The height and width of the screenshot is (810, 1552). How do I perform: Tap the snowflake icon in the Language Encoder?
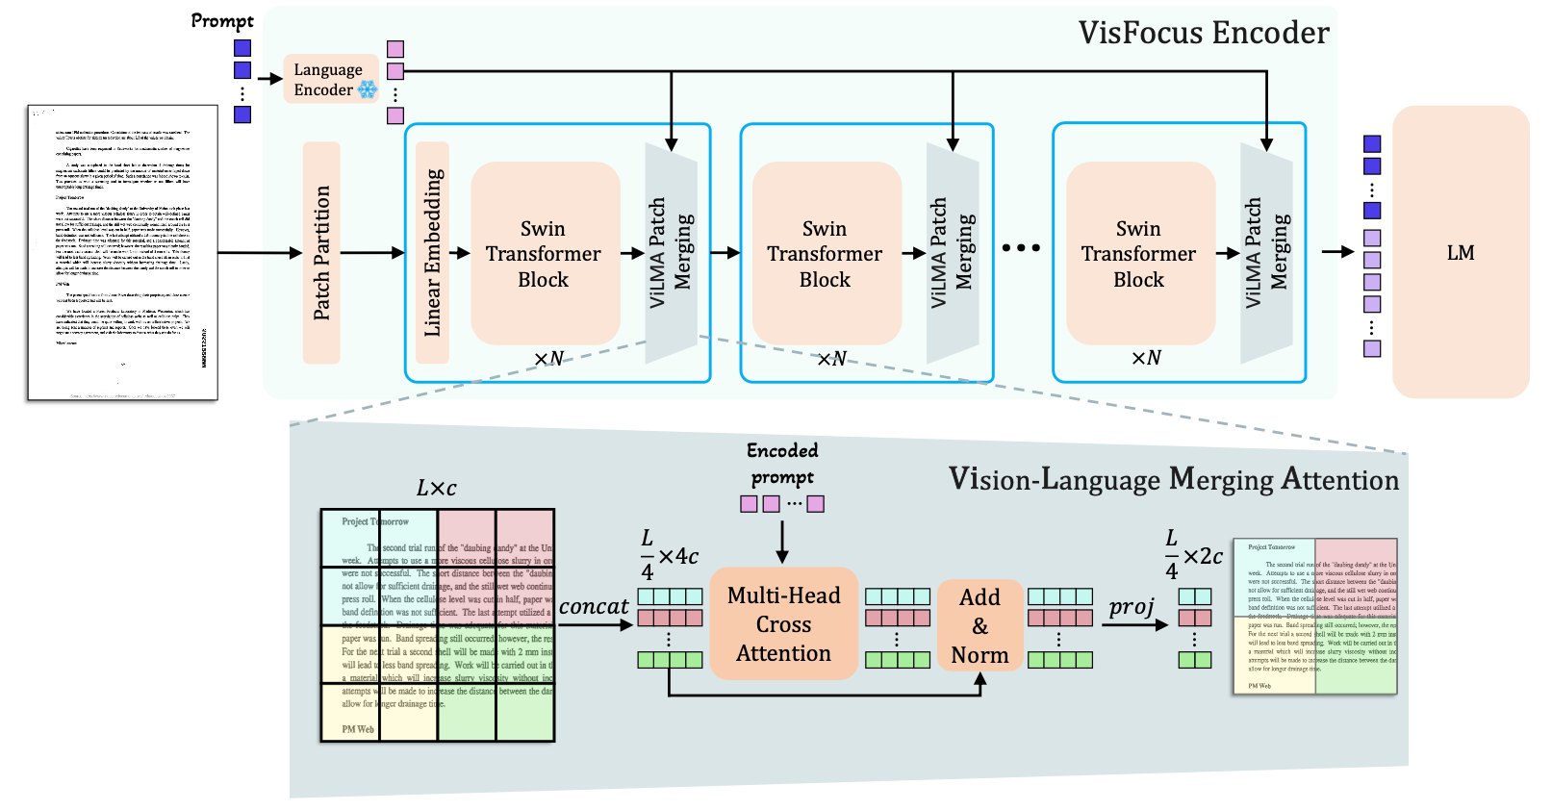368,89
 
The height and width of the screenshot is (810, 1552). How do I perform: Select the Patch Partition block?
321,253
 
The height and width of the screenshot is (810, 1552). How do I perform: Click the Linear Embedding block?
433,253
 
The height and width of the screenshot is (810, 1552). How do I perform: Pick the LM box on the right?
1460,253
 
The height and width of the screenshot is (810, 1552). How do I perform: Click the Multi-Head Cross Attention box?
783,624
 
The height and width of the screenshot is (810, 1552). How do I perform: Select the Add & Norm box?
980,626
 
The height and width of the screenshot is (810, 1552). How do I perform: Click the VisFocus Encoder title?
1203,34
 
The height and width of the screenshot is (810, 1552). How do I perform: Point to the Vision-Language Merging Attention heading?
1173,479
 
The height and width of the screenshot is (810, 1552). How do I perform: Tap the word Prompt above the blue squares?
222,21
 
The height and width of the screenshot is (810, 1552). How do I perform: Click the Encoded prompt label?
782,464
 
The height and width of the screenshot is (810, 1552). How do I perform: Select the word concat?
594,607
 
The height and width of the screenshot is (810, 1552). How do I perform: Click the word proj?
1132,607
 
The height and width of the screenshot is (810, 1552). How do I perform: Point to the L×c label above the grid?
436,489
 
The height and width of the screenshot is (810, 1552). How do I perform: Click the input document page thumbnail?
122,253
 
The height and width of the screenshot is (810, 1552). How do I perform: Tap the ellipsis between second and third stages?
1021,248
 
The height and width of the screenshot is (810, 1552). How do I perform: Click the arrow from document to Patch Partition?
260,253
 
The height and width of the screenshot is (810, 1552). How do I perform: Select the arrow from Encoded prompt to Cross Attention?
782,542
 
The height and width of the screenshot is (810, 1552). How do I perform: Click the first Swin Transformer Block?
544,254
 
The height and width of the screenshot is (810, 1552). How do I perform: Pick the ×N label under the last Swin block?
1146,358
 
